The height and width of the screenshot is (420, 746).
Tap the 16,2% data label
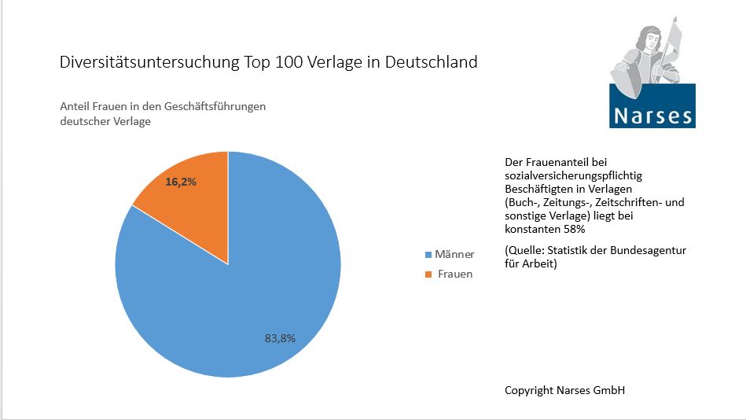[x=180, y=182]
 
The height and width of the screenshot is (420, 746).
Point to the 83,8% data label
[x=280, y=338]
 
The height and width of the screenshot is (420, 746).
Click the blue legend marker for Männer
[x=428, y=255]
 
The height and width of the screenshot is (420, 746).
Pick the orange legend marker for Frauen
[x=428, y=274]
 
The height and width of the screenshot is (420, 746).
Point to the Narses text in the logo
[x=652, y=116]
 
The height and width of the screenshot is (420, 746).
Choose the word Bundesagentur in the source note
[x=650, y=250]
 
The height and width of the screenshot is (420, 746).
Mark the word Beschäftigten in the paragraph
[x=539, y=189]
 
